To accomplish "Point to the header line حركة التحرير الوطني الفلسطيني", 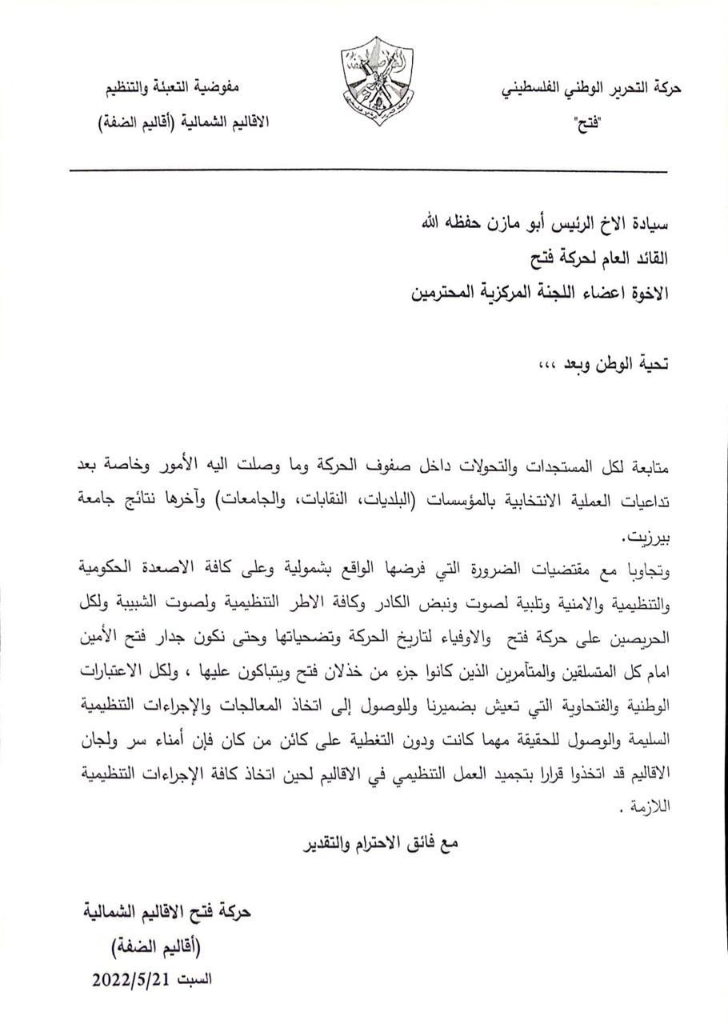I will click(590, 89).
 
